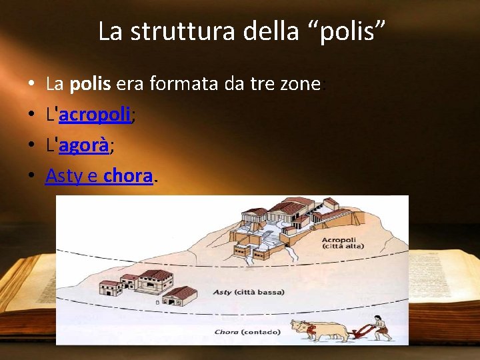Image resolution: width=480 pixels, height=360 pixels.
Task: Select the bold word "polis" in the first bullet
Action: [x=91, y=84]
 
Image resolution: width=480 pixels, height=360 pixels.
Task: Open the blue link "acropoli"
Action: [x=95, y=115]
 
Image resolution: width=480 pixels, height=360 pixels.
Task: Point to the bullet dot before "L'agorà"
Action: [x=32, y=145]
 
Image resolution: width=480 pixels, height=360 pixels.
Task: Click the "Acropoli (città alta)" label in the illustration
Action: [x=339, y=243]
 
